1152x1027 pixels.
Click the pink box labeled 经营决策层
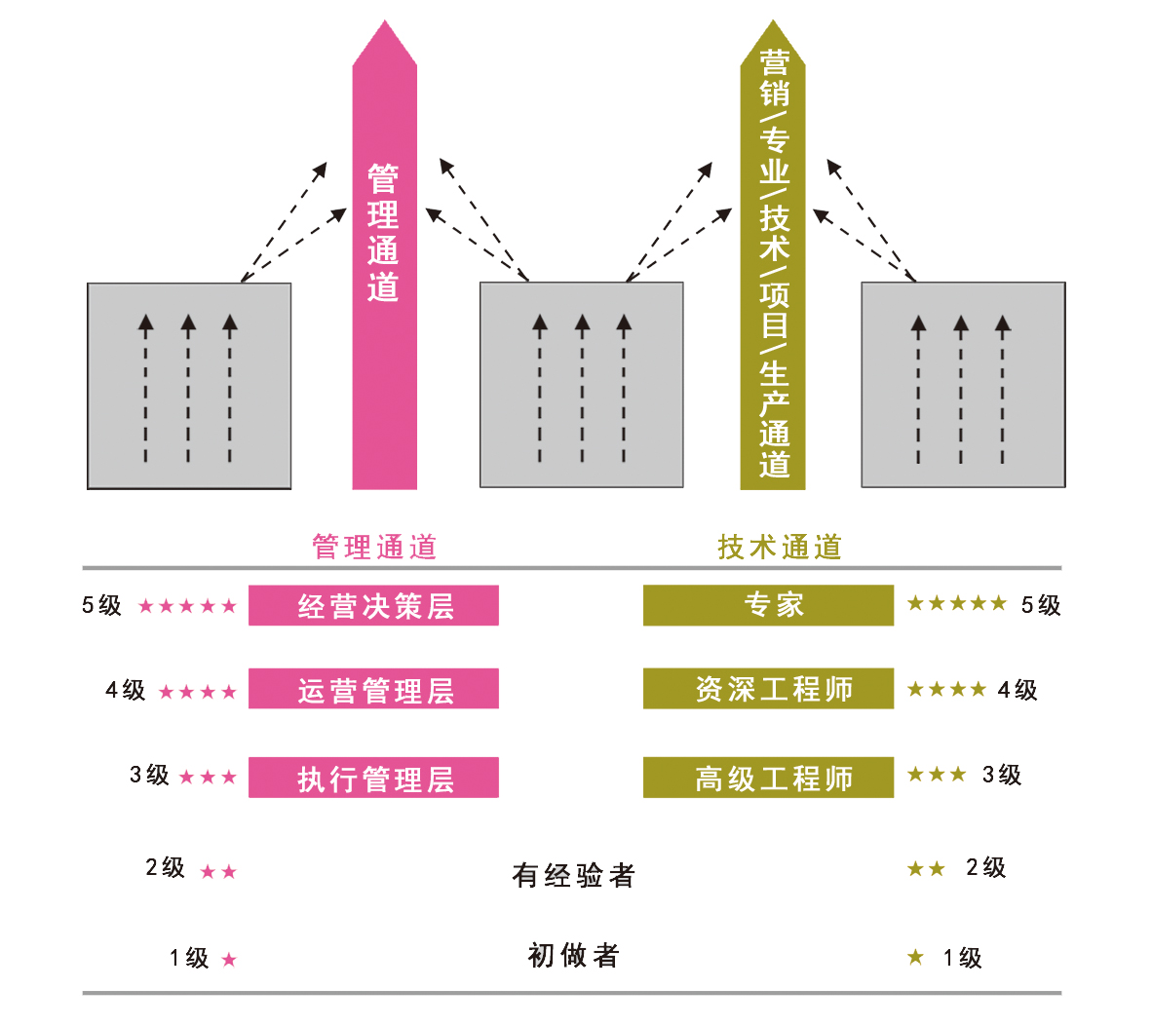coord(373,605)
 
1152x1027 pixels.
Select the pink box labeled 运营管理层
coord(373,689)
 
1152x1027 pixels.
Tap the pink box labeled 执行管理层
coord(373,778)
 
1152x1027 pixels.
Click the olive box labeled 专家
coord(768,605)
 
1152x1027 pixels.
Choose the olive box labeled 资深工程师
coord(768,689)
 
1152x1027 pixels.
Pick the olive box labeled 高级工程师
coord(768,778)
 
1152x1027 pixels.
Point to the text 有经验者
coord(573,875)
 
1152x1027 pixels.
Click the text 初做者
coord(573,955)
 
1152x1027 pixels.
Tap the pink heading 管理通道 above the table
coord(374,547)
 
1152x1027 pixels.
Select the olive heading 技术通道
coord(780,547)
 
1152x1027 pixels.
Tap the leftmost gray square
coord(189,386)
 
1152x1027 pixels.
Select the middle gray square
coord(581,385)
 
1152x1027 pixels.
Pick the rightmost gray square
coord(963,385)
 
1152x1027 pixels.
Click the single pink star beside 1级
coord(229,960)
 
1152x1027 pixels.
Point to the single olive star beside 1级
coord(915,957)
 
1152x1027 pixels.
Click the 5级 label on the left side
coord(101,605)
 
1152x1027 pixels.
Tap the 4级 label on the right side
coord(1018,690)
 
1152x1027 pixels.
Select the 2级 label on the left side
coord(165,867)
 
